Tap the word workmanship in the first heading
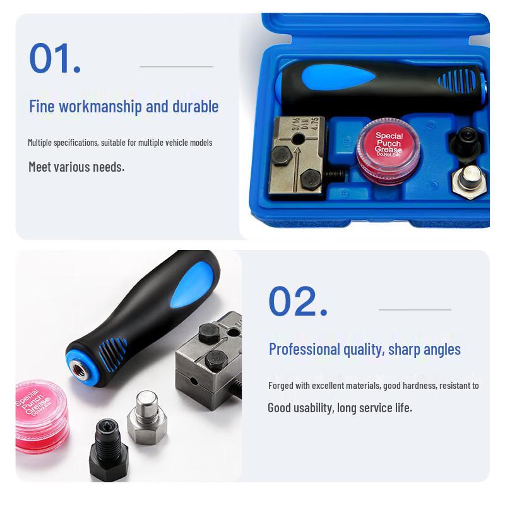[x=100, y=106]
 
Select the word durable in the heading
[x=195, y=106]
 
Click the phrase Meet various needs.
[x=76, y=167]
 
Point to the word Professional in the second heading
[x=305, y=349]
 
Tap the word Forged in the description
[x=280, y=385]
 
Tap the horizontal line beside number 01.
[x=176, y=66]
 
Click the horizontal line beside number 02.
[x=415, y=310]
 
